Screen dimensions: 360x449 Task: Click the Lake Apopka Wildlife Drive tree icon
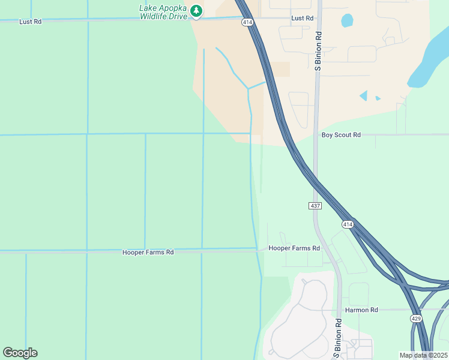pos(196,11)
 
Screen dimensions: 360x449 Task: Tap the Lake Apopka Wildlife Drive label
pos(163,12)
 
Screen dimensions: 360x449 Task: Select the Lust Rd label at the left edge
pos(30,22)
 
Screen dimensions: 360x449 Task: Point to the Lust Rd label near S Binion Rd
pos(302,19)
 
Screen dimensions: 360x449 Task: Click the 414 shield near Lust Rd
pos(247,22)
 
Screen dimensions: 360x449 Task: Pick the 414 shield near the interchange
pos(347,224)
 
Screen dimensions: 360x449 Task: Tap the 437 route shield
pos(316,206)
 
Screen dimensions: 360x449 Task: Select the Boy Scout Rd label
pos(341,136)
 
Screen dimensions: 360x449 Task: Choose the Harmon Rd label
pos(361,310)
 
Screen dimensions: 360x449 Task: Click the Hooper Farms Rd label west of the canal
pos(148,253)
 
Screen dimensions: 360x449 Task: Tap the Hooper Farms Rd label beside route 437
pos(294,248)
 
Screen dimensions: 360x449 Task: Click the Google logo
pos(20,353)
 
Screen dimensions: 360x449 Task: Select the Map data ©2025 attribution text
pos(423,355)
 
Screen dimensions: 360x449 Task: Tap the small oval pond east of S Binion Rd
pos(347,20)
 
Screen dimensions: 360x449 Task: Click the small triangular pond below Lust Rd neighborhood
pos(363,95)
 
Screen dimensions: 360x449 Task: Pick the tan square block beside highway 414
pos(280,70)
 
